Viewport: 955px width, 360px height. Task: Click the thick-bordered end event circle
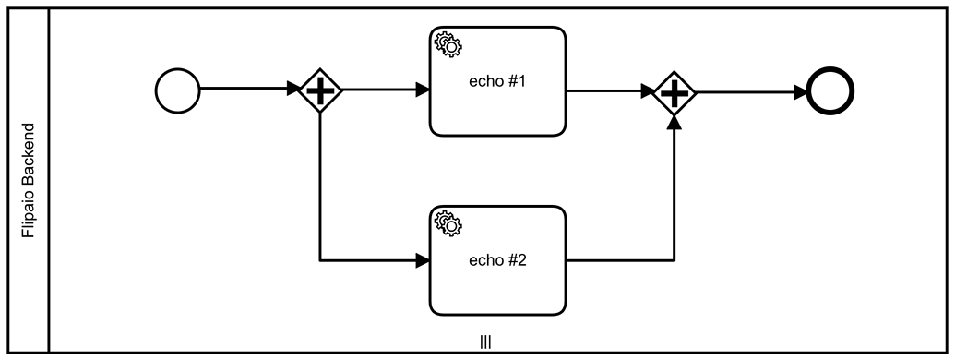coord(830,91)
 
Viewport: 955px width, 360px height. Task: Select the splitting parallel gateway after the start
coord(320,90)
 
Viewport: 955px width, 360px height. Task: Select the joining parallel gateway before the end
coord(675,91)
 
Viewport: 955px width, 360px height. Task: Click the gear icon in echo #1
coord(448,42)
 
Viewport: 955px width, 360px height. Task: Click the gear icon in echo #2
coord(448,222)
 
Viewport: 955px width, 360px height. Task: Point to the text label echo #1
coord(497,80)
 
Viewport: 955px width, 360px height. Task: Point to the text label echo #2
coord(497,260)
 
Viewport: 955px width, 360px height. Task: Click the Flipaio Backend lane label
coord(29,181)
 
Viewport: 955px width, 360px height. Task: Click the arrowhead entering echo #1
coord(423,90)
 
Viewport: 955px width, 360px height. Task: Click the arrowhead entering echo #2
coord(423,261)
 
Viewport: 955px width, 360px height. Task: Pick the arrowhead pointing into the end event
coord(799,91)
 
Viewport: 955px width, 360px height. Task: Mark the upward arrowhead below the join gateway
coord(675,121)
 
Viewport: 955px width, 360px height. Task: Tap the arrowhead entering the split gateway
coord(293,90)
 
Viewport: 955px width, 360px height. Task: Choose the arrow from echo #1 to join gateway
coord(609,91)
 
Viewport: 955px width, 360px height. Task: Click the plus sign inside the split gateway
coord(320,90)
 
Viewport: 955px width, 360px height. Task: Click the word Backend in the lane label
coord(29,155)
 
